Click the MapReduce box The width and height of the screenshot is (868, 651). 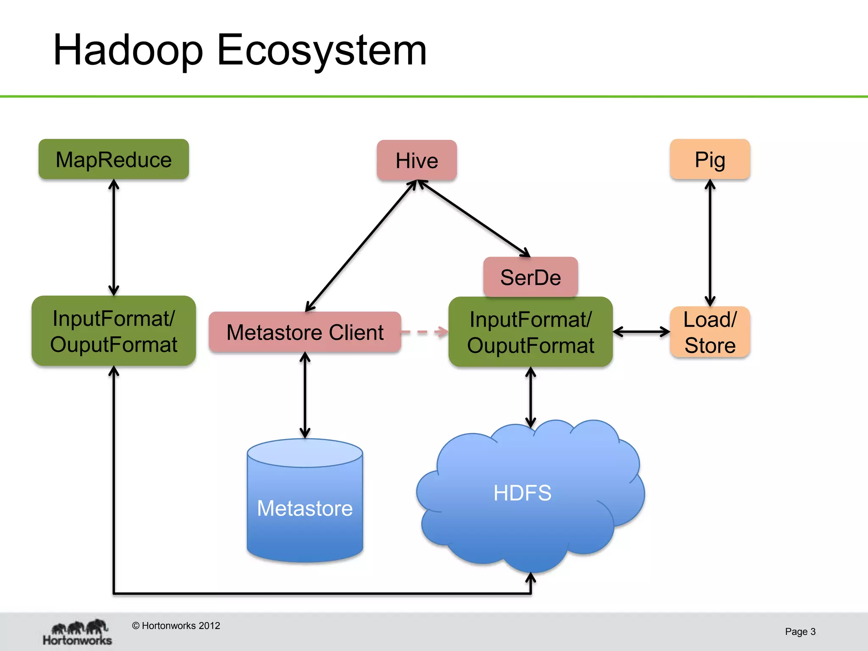point(114,159)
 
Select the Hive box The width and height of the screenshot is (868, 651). point(417,161)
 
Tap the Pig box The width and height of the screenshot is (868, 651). point(710,159)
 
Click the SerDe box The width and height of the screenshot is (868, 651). point(530,277)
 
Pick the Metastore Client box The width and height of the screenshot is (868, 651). point(305,332)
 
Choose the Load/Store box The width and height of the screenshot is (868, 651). point(710,332)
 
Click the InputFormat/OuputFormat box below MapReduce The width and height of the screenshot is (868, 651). point(114,331)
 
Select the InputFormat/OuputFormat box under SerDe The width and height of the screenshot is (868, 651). point(530,332)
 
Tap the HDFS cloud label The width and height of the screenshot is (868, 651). point(522,493)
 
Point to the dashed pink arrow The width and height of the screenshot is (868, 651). point(424,332)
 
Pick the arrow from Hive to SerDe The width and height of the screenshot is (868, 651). point(474,218)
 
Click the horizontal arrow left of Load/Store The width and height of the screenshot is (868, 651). point(641,332)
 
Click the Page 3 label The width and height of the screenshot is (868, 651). point(800,632)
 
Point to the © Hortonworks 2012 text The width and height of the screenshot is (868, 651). point(176,626)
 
